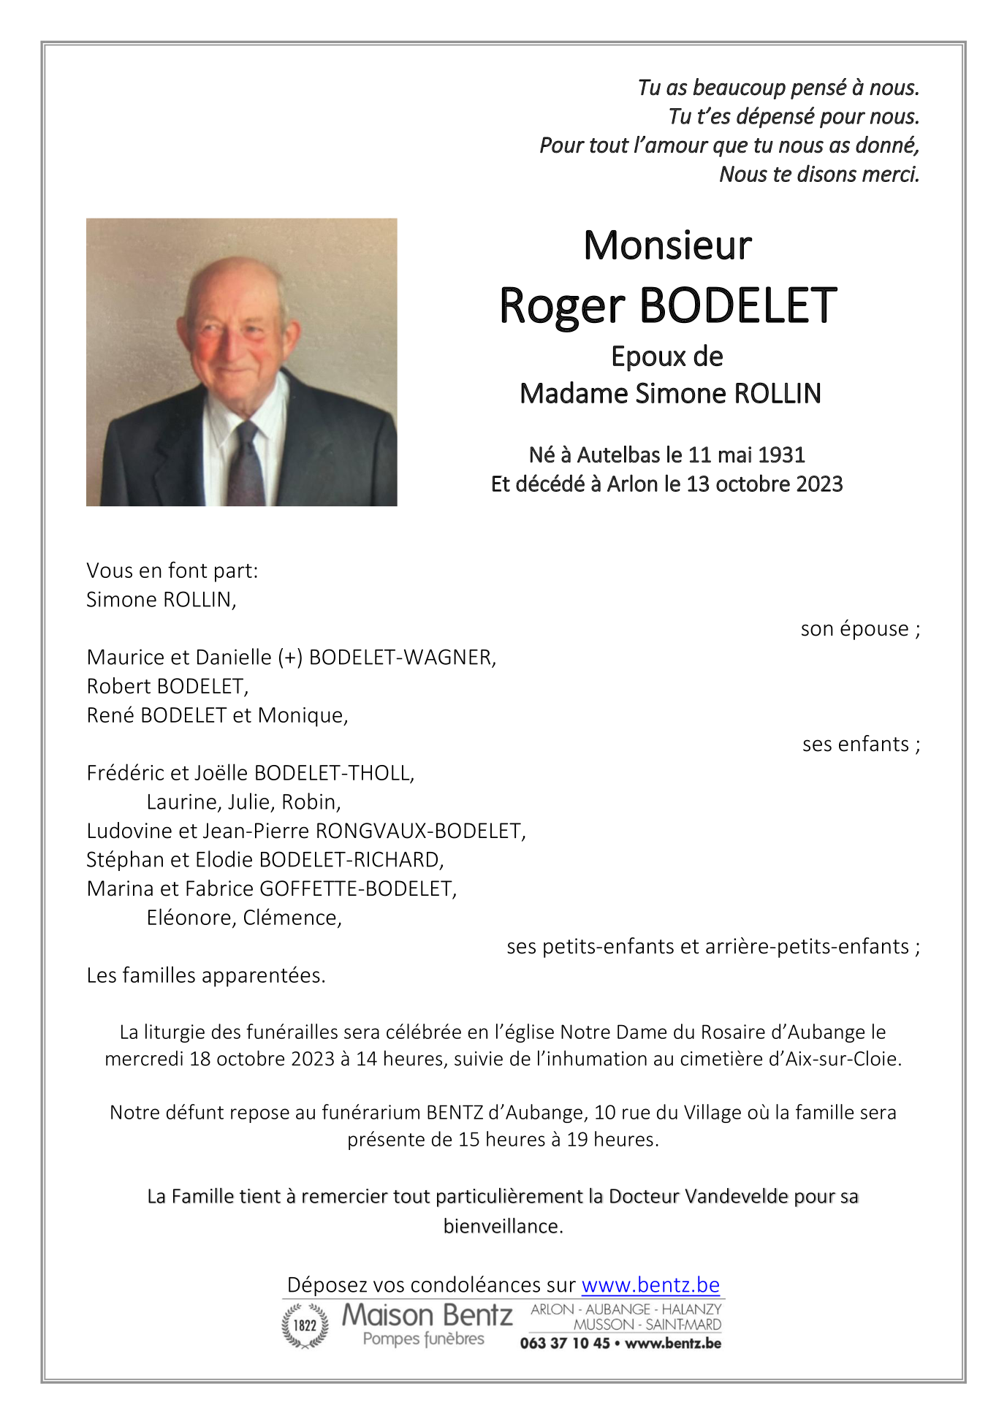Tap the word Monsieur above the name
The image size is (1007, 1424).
click(667, 245)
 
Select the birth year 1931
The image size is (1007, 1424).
click(781, 455)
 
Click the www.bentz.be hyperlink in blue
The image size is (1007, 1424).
click(650, 1284)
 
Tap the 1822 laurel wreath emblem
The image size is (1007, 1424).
click(305, 1325)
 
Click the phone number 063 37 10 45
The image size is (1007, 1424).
click(564, 1343)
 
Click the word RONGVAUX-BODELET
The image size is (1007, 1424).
click(419, 831)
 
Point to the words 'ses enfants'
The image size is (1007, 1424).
click(855, 745)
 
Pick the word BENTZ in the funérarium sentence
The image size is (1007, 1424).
click(455, 1113)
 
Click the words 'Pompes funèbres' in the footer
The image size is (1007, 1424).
click(423, 1339)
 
